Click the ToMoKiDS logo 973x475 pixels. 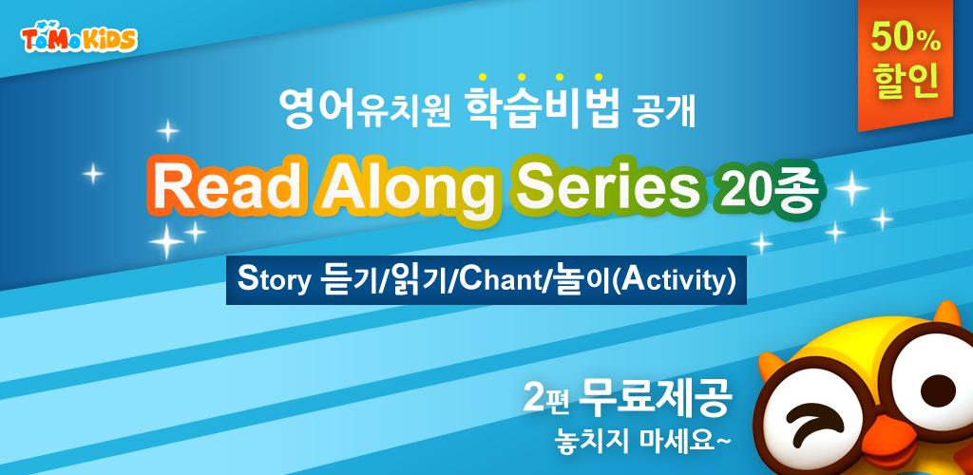79,39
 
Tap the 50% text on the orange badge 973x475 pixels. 906,38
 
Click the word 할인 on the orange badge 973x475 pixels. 906,84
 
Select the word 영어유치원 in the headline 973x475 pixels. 365,109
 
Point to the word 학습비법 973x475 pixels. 543,106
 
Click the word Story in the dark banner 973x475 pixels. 274,281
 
